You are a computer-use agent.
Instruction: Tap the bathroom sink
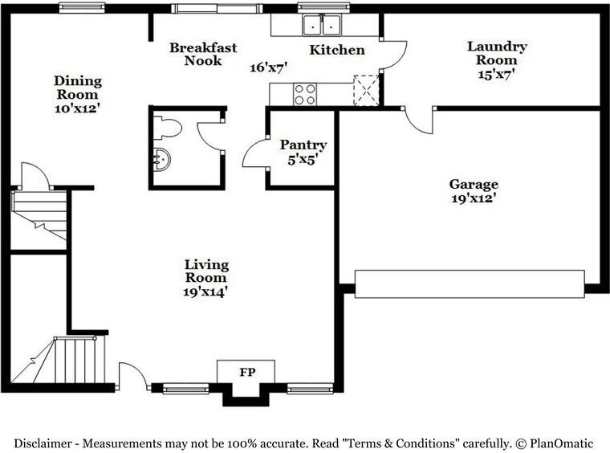[161, 159]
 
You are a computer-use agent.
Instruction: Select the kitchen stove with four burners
[304, 94]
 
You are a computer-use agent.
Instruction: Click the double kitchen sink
[322, 25]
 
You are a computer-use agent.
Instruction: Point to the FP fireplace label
[246, 373]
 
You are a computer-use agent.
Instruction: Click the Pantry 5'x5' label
[303, 151]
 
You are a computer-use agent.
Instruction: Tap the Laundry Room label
[497, 53]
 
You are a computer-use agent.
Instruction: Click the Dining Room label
[78, 87]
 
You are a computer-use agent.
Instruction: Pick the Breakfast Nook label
[203, 54]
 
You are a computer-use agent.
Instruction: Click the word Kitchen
[337, 50]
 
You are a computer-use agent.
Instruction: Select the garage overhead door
[470, 284]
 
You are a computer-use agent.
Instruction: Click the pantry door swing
[255, 153]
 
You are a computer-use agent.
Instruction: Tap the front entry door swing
[132, 376]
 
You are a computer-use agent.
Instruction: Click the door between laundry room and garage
[419, 120]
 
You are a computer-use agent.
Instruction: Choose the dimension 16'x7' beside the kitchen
[268, 67]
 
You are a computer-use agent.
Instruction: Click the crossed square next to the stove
[366, 91]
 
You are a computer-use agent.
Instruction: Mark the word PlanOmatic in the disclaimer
[560, 443]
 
